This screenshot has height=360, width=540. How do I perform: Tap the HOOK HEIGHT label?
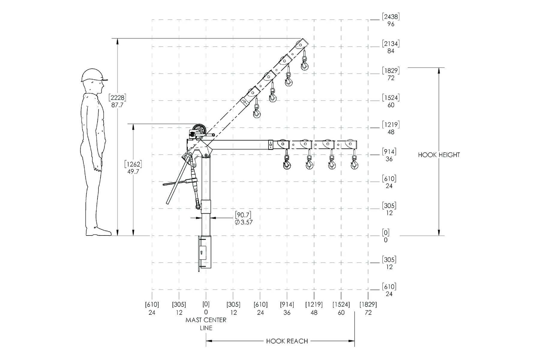pos(439,155)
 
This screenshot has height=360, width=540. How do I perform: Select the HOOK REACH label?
pos(287,341)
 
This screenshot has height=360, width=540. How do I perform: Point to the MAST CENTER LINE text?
pos(206,324)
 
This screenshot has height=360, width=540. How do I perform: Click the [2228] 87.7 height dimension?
pos(117,101)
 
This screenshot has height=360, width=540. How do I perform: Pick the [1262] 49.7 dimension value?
pos(133,168)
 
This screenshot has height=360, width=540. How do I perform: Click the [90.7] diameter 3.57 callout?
pos(243,218)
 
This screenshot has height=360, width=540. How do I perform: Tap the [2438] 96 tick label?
pos(391,20)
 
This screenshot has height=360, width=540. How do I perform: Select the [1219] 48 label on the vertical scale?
pos(391,128)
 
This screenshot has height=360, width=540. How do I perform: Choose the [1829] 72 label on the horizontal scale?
pos(368,308)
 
